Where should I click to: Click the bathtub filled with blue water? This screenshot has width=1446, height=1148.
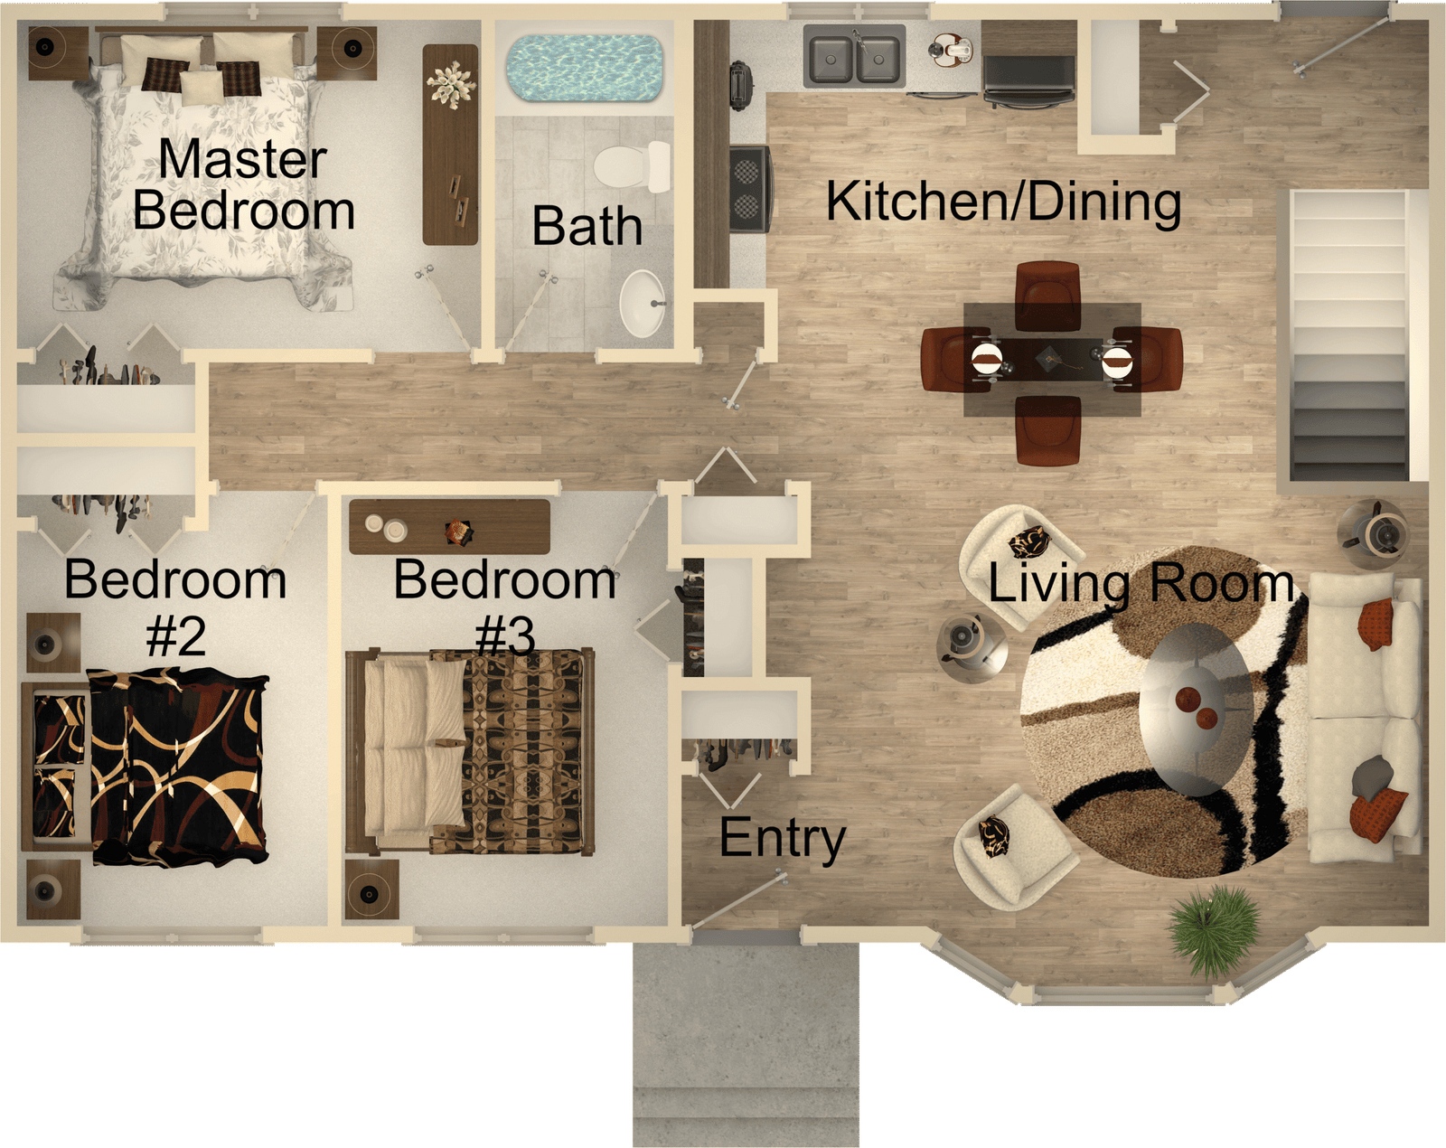click(584, 68)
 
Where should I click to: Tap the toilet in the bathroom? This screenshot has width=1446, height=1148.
click(632, 166)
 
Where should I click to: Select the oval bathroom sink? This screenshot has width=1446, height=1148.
click(643, 303)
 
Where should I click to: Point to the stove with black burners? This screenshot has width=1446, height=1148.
click(750, 189)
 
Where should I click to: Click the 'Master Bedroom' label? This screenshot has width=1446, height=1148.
click(243, 184)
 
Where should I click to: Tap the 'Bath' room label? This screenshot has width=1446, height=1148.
click(587, 226)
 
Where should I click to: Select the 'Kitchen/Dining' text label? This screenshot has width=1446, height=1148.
click(1003, 202)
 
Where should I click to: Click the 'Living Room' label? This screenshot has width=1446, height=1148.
click(1141, 584)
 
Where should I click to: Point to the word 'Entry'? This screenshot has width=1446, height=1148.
click(782, 838)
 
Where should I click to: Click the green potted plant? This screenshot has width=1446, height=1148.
click(1214, 929)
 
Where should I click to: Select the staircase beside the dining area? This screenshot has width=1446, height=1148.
click(1349, 336)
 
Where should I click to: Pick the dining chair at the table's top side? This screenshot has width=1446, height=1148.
click(1047, 296)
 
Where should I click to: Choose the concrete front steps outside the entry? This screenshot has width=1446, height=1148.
click(746, 1044)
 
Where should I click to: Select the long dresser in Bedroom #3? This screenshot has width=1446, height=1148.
click(449, 527)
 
